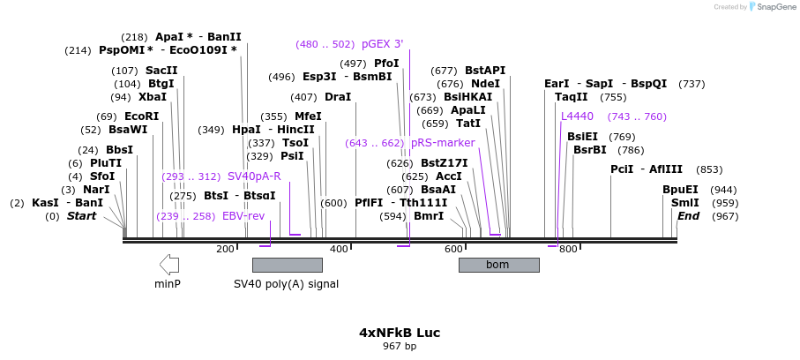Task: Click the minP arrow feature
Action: pyautogui.click(x=168, y=264)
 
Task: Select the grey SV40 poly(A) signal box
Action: pyautogui.click(x=287, y=265)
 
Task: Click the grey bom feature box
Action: pyautogui.click(x=498, y=265)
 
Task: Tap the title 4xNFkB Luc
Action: pyautogui.click(x=400, y=333)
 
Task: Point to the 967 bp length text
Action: pyautogui.click(x=400, y=347)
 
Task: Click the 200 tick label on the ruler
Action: pyautogui.click(x=225, y=250)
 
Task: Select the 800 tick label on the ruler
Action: pyautogui.click(x=568, y=250)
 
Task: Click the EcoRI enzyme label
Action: pyautogui.click(x=141, y=116)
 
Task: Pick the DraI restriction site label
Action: pyautogui.click(x=337, y=97)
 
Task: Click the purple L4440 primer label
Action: pyautogui.click(x=578, y=116)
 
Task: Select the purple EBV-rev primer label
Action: pyautogui.click(x=243, y=216)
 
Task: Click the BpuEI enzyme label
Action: pyautogui.click(x=680, y=190)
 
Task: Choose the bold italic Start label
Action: pyautogui.click(x=81, y=216)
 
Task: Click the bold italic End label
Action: pyautogui.click(x=688, y=216)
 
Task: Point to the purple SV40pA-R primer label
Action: pyautogui.click(x=254, y=176)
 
